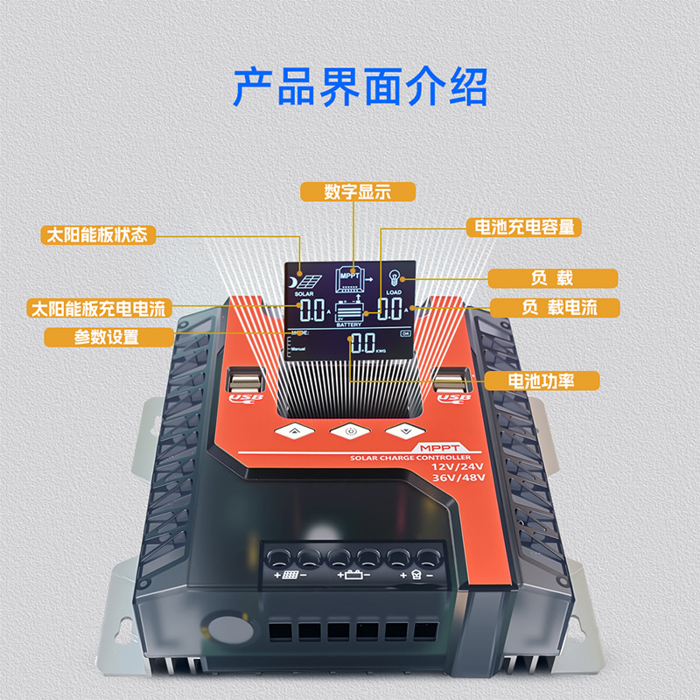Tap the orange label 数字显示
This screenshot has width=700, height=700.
click(357, 192)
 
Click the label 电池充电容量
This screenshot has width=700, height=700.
click(524, 227)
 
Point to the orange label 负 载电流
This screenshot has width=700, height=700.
click(553, 308)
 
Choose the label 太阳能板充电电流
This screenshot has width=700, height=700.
click(97, 309)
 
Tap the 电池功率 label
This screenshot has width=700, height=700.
click(542, 381)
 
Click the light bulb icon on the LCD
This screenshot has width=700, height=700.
click(393, 276)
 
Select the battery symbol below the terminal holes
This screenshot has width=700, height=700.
click(353, 576)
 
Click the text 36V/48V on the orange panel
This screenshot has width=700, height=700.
click(458, 478)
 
